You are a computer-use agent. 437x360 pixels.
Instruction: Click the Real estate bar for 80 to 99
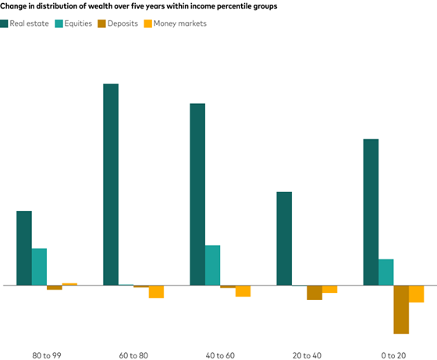click(x=24, y=248)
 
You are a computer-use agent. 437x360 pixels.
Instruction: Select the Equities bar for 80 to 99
click(x=39, y=267)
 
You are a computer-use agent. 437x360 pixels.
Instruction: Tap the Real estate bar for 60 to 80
click(x=111, y=184)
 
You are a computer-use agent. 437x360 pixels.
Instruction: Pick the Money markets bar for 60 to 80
click(x=156, y=292)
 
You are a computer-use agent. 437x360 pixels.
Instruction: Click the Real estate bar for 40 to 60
click(x=197, y=194)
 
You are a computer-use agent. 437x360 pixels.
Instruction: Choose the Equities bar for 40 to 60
click(x=212, y=266)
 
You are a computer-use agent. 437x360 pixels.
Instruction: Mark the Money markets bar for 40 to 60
click(x=243, y=291)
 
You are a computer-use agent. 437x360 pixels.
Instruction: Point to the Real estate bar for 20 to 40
click(x=284, y=239)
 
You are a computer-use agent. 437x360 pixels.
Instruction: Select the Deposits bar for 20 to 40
click(x=314, y=293)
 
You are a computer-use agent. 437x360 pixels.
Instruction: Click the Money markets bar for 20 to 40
click(x=329, y=290)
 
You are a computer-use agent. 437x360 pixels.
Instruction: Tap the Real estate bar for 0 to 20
click(x=371, y=212)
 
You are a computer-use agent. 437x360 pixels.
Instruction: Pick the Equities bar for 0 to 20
click(x=385, y=273)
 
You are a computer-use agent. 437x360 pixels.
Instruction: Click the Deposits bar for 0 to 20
click(x=401, y=310)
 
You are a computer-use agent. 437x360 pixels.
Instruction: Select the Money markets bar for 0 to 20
click(x=416, y=294)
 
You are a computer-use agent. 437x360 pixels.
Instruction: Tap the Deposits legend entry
click(x=118, y=23)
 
